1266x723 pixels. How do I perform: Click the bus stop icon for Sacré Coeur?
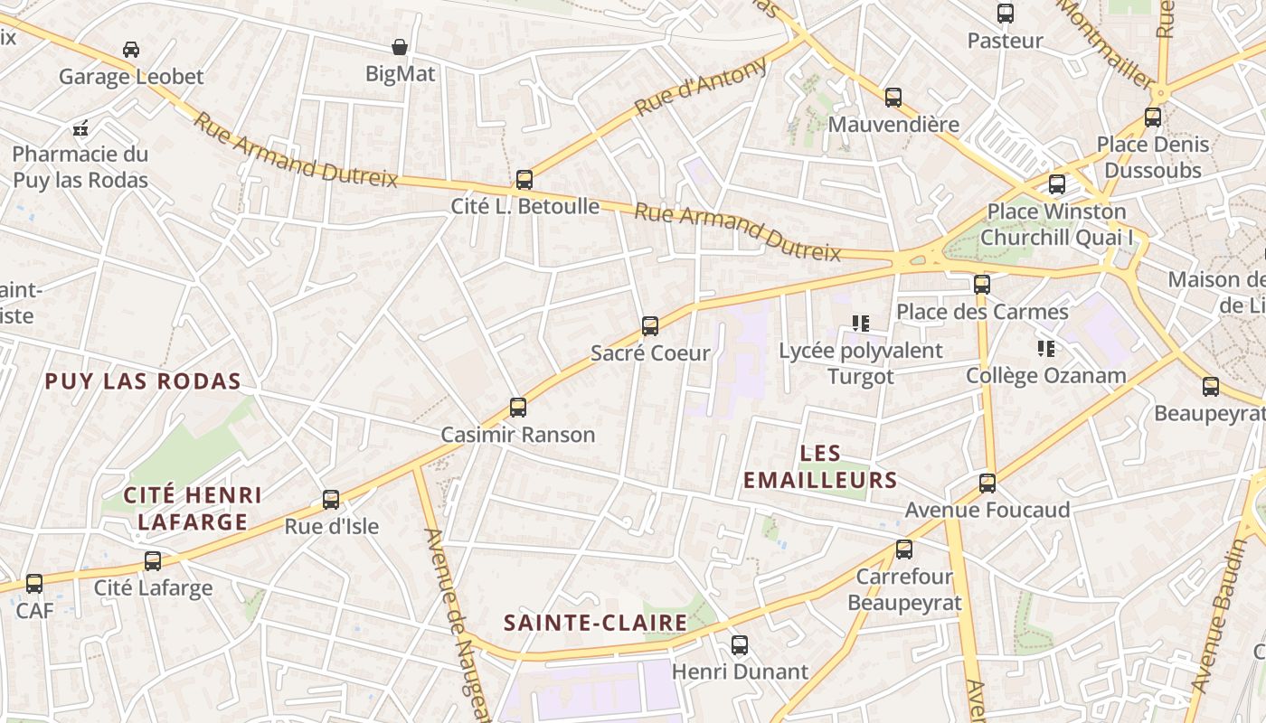tap(649, 326)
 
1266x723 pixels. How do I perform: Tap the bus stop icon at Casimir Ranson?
tap(517, 408)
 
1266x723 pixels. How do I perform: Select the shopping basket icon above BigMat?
tap(400, 47)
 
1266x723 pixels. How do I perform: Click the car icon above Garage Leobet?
tap(131, 50)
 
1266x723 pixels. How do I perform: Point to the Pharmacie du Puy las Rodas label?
tap(80, 167)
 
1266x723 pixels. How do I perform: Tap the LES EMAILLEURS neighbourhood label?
tap(820, 466)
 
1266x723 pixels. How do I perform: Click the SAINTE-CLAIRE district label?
tap(595, 623)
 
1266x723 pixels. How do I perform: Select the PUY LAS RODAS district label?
tap(143, 381)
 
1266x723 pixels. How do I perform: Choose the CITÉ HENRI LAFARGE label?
tap(192, 508)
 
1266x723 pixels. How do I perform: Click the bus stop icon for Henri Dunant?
tap(739, 645)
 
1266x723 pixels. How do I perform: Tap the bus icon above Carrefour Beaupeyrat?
tap(903, 549)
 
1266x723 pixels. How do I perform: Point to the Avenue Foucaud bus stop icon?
tap(987, 484)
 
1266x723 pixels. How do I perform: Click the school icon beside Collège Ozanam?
tap(1046, 348)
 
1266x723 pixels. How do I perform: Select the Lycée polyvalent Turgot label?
tap(860, 363)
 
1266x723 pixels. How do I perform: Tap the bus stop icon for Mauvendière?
tap(893, 98)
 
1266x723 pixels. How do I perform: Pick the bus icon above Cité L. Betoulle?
tap(524, 180)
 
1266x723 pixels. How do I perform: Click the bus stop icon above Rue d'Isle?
tap(331, 500)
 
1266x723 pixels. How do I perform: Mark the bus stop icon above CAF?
tap(34, 584)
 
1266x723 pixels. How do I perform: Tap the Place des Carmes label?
tap(982, 313)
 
